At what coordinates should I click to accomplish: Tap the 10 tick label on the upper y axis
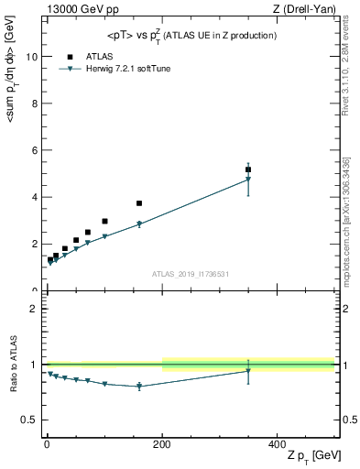pyautogui.click(x=30, y=56)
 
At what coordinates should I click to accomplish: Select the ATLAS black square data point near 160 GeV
pyautogui.click(x=139, y=203)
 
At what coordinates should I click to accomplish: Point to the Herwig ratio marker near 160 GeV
pyautogui.click(x=139, y=387)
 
